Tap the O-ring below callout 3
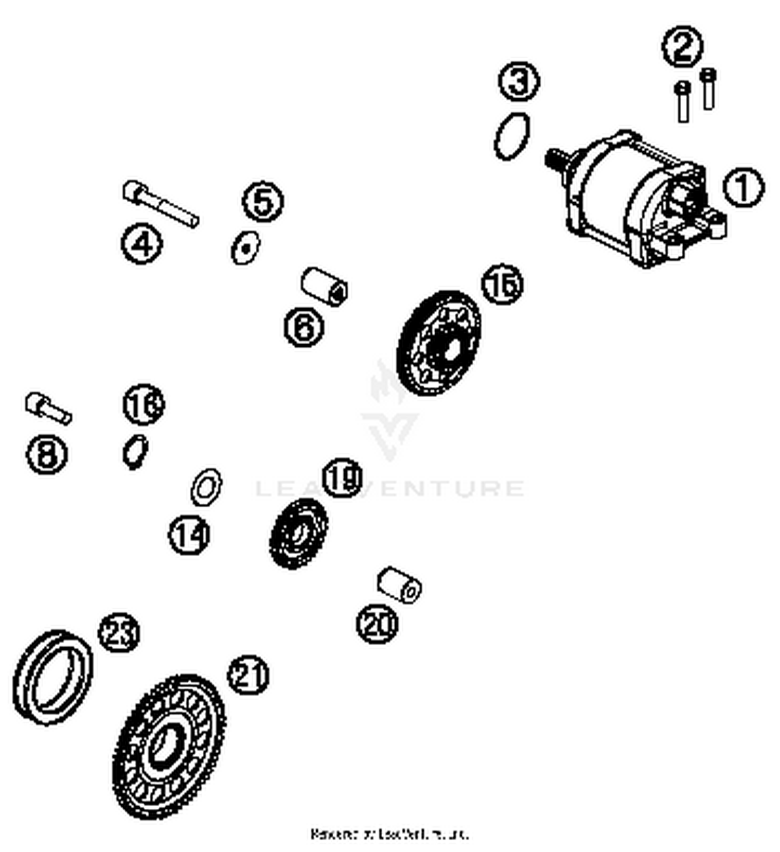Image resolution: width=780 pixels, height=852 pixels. tap(512, 136)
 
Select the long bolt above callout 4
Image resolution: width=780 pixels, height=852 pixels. tap(160, 203)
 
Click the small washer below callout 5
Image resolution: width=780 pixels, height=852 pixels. tap(245, 248)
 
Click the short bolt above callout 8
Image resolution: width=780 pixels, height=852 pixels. tap(47, 408)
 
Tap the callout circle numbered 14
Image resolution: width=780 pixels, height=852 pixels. tap(189, 534)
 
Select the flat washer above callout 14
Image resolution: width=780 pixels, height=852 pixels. tap(206, 487)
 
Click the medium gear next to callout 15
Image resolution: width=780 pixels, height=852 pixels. tap(438, 343)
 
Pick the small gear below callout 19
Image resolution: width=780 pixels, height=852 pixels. tap(298, 533)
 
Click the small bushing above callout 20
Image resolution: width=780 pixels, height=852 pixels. tap(399, 585)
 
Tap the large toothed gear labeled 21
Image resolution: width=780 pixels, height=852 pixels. tap(169, 747)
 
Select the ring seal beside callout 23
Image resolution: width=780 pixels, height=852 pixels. tap(53, 677)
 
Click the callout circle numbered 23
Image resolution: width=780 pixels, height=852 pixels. tap(119, 633)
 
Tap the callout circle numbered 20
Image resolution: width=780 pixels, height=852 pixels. tap(376, 623)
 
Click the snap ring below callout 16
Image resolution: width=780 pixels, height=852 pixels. tap(135, 451)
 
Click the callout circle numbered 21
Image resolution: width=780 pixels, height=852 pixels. tap(248, 675)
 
